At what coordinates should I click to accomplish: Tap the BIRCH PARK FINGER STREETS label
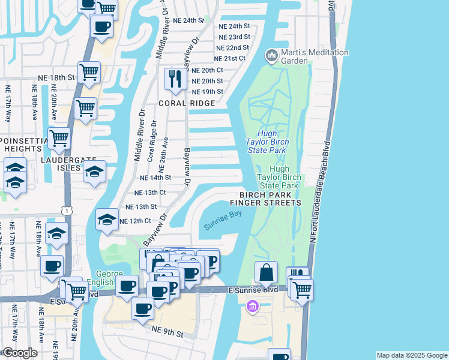[x=270, y=199]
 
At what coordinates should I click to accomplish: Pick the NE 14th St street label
[x=155, y=178]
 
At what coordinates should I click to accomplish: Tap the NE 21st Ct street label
[x=230, y=58]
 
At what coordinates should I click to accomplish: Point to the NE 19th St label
[x=207, y=92]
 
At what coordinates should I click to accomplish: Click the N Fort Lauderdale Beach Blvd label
[x=321, y=192]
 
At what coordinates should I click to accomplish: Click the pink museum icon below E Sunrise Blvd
[x=252, y=307]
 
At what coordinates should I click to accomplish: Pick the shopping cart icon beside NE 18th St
[x=88, y=73]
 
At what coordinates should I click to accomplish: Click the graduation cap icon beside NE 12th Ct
[x=107, y=220]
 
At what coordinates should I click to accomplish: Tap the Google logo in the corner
[x=20, y=353]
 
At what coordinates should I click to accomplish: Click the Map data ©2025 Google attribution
[x=411, y=355]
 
